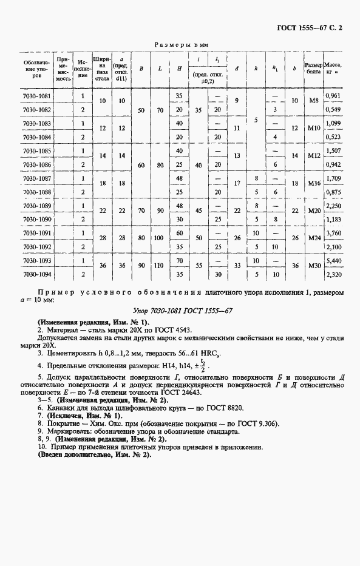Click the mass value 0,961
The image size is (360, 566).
(332, 96)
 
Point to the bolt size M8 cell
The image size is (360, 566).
(313, 103)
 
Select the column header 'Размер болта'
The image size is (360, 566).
(313, 68)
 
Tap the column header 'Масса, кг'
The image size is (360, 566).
(332, 68)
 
